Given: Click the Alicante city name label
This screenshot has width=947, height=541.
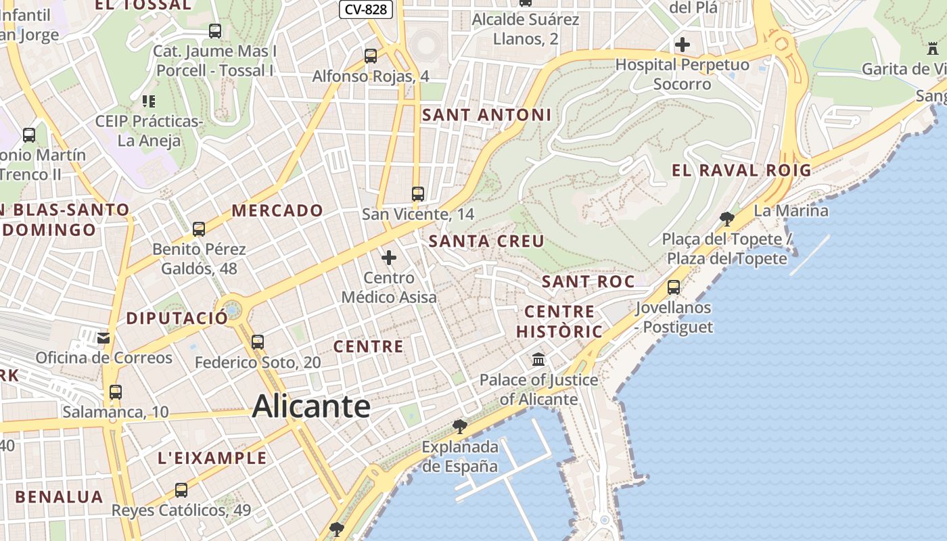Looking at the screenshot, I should click(x=311, y=406).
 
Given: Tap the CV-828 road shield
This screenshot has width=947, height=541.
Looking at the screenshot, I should click(x=365, y=9).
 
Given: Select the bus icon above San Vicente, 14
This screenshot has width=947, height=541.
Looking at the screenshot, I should click(x=418, y=194).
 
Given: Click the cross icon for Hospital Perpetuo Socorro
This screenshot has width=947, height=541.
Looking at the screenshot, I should click(x=683, y=45).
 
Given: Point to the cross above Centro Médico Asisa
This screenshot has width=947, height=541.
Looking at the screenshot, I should click(x=389, y=258).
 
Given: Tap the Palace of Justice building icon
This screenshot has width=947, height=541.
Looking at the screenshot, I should click(x=538, y=359).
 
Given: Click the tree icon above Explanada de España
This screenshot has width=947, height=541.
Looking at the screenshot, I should click(x=460, y=426).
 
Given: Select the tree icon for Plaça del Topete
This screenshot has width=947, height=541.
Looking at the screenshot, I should click(x=727, y=218).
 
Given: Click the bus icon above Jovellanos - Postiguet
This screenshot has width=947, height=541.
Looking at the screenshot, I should click(x=674, y=287).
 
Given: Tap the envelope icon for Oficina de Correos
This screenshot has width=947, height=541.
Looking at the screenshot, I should click(x=103, y=337).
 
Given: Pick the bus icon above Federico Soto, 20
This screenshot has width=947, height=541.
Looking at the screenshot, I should click(x=258, y=342).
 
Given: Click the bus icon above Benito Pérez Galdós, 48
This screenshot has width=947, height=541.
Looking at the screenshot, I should click(x=199, y=229).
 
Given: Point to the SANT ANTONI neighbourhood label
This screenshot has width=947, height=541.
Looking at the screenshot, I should click(x=487, y=115).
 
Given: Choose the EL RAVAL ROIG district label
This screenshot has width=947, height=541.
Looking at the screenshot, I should click(x=741, y=170).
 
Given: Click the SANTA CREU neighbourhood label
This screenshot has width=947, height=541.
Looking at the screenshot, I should click(x=486, y=241).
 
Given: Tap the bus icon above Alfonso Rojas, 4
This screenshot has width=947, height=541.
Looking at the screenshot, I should click(x=371, y=56).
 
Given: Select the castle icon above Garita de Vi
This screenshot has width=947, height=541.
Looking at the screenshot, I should click(x=933, y=49).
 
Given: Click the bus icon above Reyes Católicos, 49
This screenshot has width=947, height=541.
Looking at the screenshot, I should click(x=181, y=490).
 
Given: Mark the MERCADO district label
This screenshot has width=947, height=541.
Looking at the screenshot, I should click(x=277, y=210).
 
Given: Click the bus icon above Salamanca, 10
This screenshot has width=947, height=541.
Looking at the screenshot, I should click(x=116, y=392).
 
